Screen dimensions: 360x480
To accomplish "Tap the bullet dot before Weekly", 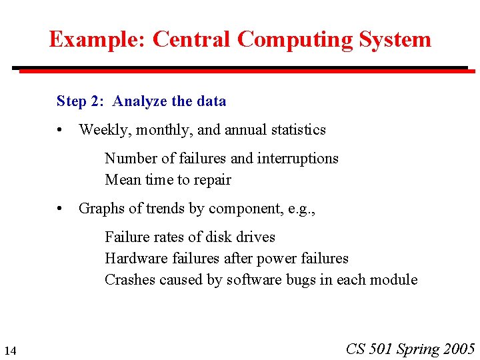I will click(61, 130).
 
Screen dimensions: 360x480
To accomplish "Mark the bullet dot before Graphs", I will click(61, 209).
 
